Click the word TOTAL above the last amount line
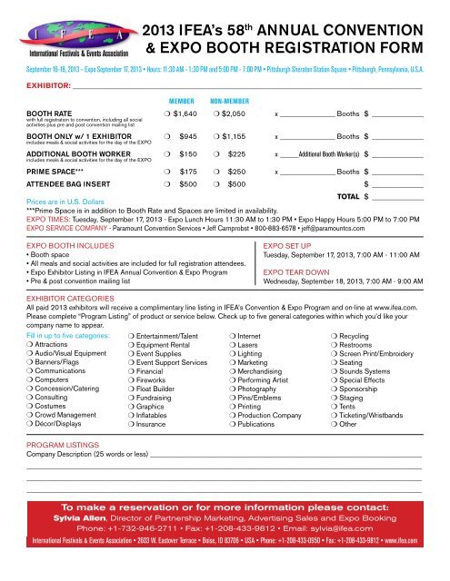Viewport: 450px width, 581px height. [348, 222]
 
